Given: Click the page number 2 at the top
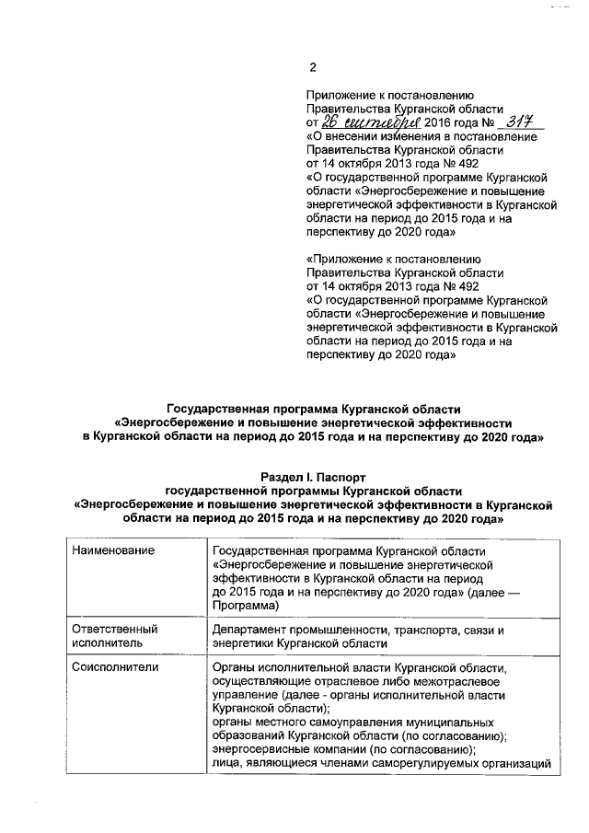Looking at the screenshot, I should click(x=313, y=66).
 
